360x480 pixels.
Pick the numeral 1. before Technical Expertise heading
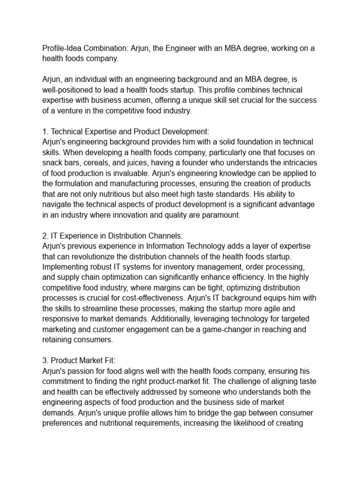pyautogui.click(x=45, y=132)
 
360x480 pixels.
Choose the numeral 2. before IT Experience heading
pyautogui.click(x=45, y=236)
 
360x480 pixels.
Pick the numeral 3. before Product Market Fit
pyautogui.click(x=45, y=360)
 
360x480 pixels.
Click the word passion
pyautogui.click(x=83, y=371)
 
